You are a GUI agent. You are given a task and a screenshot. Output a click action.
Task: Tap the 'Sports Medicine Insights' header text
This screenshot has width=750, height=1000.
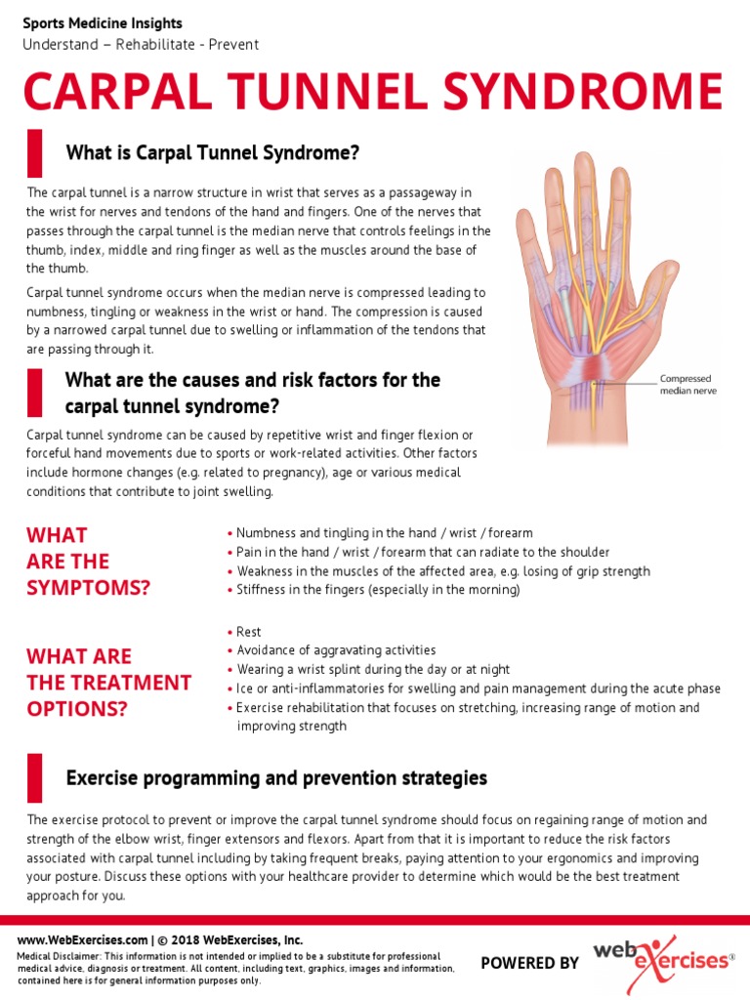click(x=102, y=23)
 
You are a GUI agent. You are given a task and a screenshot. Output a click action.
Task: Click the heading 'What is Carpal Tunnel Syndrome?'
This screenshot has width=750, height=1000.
click(x=213, y=153)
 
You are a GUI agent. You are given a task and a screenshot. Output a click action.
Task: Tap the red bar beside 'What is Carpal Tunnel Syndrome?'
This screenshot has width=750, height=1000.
click(x=35, y=153)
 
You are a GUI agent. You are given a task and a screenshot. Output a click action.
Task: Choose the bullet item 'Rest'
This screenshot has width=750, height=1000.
click(x=248, y=632)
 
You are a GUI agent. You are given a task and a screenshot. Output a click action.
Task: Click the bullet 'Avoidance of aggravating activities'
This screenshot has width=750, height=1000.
click(x=336, y=650)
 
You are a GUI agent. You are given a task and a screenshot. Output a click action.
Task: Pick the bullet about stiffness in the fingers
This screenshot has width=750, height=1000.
click(x=378, y=590)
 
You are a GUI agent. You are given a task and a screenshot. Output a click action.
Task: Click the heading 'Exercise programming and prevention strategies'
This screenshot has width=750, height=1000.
click(x=276, y=778)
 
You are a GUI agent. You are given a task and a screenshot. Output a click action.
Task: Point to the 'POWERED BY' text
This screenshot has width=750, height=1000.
click(x=530, y=963)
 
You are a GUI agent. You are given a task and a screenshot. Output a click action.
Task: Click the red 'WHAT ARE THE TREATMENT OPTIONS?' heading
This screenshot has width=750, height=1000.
click(x=108, y=682)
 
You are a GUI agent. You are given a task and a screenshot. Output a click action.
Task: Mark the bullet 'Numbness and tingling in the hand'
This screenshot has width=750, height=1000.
click(x=385, y=533)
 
